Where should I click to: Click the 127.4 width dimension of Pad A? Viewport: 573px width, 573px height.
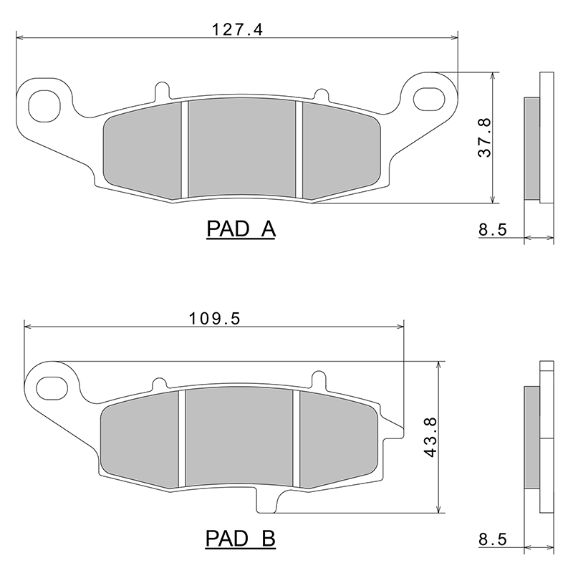[238, 29]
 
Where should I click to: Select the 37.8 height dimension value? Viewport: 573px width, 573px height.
[485, 138]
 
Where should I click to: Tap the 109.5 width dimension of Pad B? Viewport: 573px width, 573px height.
[215, 319]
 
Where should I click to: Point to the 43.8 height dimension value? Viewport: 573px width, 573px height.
[431, 438]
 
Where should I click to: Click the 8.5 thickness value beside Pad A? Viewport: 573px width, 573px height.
[493, 230]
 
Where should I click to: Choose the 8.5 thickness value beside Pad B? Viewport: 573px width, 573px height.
[493, 539]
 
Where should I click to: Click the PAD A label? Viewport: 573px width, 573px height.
[241, 229]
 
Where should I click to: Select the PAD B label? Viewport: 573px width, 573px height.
[241, 539]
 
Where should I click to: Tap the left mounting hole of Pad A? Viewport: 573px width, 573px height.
[44, 106]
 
